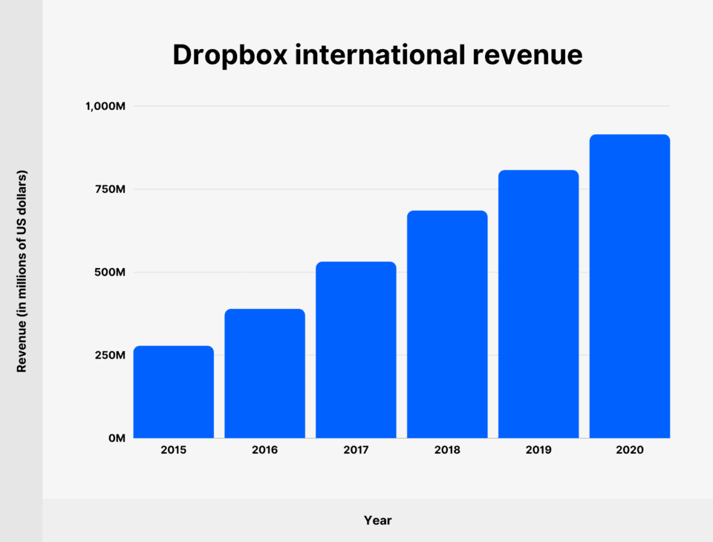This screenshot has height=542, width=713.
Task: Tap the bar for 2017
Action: point(356,350)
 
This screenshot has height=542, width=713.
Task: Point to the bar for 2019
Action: point(538,304)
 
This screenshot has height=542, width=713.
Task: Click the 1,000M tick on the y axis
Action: point(105,106)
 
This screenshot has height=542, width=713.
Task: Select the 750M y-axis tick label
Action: point(109,189)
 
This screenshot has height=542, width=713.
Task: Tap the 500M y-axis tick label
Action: point(109,272)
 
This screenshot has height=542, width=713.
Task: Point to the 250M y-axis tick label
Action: point(109,355)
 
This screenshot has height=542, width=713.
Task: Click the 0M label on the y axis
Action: point(116,438)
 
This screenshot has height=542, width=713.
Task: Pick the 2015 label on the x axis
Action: point(174,450)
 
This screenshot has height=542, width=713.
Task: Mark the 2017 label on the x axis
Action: point(356,450)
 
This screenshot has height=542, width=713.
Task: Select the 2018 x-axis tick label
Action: point(447,450)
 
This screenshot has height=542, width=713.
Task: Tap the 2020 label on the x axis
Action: point(630,450)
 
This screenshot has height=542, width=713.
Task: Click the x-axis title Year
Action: point(377,520)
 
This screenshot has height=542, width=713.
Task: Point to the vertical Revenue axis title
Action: point(22,272)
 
